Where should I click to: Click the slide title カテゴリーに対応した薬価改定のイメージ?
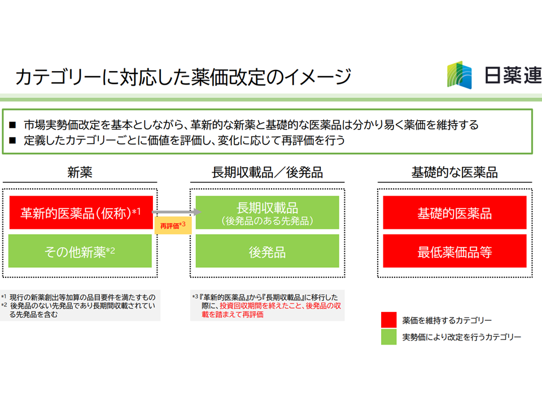[x=183, y=77]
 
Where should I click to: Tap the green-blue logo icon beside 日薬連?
[x=460, y=75]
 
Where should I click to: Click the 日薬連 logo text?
[x=513, y=75]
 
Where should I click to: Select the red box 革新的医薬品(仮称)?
[x=81, y=213]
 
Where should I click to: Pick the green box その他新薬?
[x=80, y=251]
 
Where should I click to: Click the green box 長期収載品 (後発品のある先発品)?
[x=267, y=213]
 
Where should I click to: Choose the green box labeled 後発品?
[x=267, y=251]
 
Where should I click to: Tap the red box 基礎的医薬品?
[x=454, y=213]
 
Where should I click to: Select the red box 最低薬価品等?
[x=454, y=251]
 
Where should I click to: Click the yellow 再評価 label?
[x=173, y=226]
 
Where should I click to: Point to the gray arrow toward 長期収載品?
[x=177, y=211]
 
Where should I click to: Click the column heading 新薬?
[x=80, y=172]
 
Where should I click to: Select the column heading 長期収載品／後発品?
[x=267, y=172]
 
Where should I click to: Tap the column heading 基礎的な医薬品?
[x=454, y=172]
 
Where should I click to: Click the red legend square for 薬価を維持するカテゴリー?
[x=388, y=320]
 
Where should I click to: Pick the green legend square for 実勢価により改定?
[x=388, y=337]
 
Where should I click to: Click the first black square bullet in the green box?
[x=13, y=125]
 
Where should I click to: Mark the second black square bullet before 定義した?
[x=13, y=140]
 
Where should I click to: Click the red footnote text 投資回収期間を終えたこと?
[x=261, y=306]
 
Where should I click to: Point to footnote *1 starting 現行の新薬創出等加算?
[x=78, y=297]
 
